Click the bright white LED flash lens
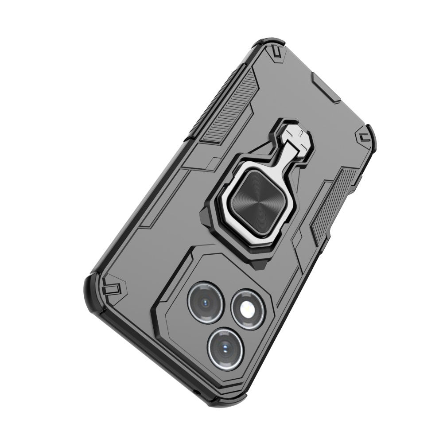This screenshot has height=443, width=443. coord(247,310)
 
